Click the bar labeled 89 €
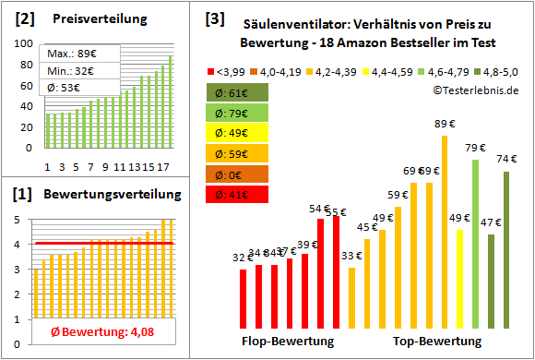pos(444,231)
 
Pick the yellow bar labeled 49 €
pos(459,278)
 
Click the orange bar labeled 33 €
pos(352,296)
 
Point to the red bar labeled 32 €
pos(243,297)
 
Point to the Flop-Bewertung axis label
pos(288,342)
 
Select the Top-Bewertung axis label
pos(437,342)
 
